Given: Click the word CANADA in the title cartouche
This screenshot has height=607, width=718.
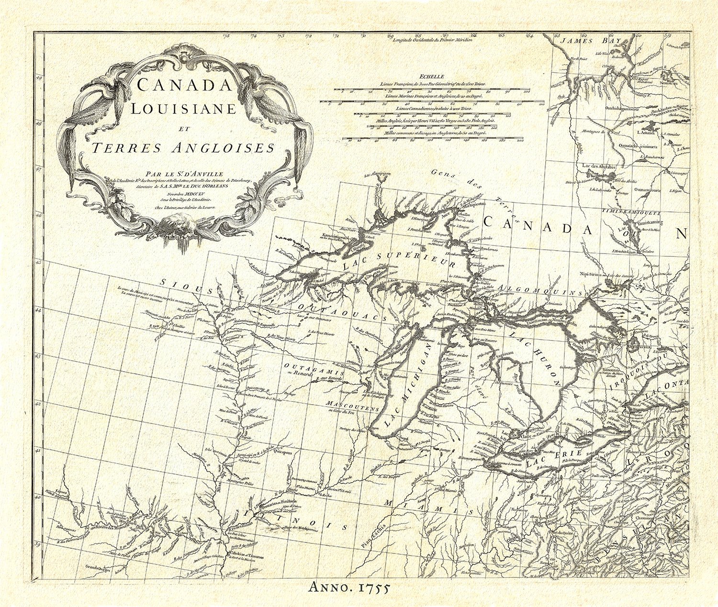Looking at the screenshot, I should click(184, 85).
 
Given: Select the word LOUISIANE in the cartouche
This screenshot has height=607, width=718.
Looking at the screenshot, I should click(184, 109).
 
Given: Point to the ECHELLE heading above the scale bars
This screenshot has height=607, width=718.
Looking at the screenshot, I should click(431, 76).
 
